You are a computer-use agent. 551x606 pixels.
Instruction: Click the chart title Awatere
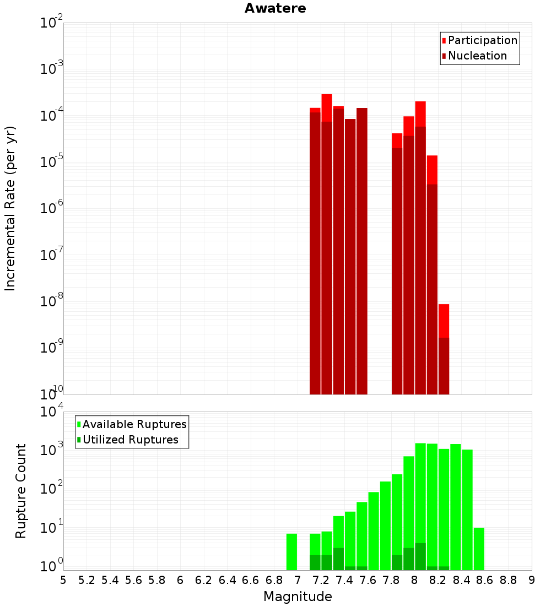tap(275, 8)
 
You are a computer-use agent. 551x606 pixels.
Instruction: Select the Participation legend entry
tap(482, 40)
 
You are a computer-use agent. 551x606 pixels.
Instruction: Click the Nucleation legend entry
tap(477, 56)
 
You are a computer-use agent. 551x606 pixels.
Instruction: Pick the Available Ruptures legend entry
tap(134, 424)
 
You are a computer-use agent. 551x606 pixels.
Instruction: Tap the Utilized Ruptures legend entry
tap(130, 440)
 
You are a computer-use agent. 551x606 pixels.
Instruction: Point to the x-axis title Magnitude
tap(298, 597)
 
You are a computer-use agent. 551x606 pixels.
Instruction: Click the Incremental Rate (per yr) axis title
tap(10, 208)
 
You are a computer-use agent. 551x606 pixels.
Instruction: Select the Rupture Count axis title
tap(21, 491)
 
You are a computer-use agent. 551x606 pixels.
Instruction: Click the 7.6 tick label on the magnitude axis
tap(368, 580)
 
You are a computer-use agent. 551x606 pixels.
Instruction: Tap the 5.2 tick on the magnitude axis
tap(87, 580)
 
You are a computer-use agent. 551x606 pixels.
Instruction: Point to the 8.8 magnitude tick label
tap(508, 580)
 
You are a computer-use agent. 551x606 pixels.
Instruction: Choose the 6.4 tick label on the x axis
tap(227, 580)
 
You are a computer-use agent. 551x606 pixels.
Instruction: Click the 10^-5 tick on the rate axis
tap(52, 163)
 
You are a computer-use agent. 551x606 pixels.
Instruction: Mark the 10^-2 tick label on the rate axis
tap(52, 23)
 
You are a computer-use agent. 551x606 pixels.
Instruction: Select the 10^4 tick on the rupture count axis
tap(52, 412)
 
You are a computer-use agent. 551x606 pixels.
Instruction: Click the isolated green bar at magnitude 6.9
tap(291, 551)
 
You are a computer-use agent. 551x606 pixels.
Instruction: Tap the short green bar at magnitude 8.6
tap(479, 549)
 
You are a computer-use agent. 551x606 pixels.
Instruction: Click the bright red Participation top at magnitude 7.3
tap(327, 107)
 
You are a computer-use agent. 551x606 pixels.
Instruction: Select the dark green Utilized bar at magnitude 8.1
tap(431, 568)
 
